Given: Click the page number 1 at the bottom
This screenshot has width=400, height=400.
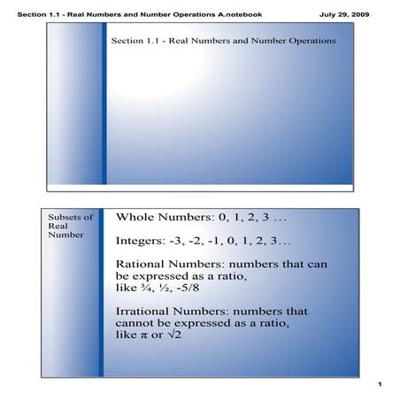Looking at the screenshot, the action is pos(378,385).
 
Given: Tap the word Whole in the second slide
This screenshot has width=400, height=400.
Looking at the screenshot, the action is pos(140,218).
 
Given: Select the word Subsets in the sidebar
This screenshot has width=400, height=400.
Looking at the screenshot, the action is pos(64,216).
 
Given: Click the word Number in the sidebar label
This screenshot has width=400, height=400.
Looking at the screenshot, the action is pos(65,236).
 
